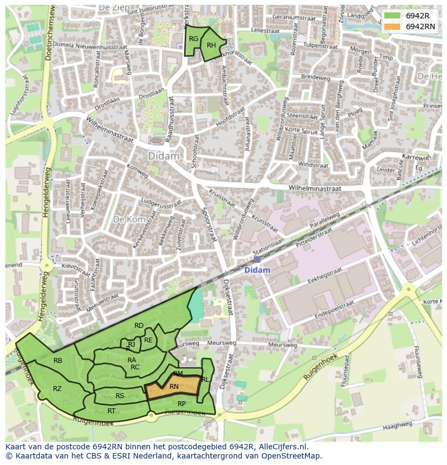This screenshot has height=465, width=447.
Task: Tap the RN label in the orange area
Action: pyautogui.click(x=174, y=387)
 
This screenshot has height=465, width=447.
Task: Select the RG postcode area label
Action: pyautogui.click(x=193, y=38)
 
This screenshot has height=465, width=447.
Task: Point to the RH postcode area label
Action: pyautogui.click(x=211, y=45)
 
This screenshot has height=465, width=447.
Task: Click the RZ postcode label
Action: pyautogui.click(x=57, y=388)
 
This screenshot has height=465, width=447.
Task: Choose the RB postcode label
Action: pyautogui.click(x=58, y=361)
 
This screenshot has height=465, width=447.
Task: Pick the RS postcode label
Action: pyautogui.click(x=120, y=396)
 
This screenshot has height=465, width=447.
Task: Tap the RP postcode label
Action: pyautogui.click(x=182, y=403)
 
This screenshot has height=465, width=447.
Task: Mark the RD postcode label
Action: pyautogui.click(x=139, y=325)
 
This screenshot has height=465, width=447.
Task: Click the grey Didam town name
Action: pyautogui.click(x=163, y=156)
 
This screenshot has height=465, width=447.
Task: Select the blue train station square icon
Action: pyautogui.click(x=257, y=260)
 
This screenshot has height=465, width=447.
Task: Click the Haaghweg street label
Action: pyautogui.click(x=397, y=427)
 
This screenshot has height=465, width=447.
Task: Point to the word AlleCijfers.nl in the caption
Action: pyautogui.click(x=283, y=447)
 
